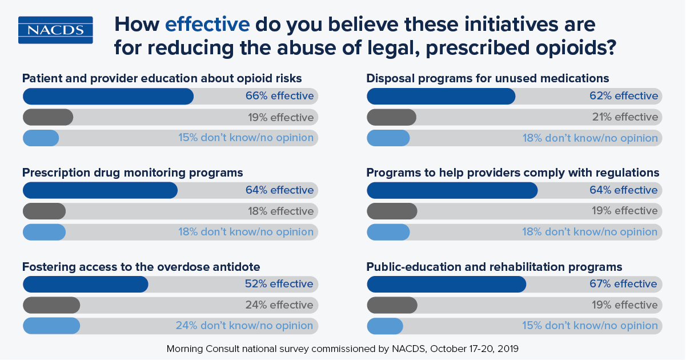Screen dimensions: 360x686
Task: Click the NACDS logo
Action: (x=55, y=30)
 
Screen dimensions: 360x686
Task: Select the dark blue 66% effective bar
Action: (x=108, y=96)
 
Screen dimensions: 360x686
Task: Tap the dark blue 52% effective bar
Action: (x=85, y=284)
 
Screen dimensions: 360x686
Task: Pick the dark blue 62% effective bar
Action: (x=440, y=96)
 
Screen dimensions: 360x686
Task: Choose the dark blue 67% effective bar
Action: (x=446, y=284)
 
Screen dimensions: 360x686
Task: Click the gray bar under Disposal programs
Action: (x=391, y=117)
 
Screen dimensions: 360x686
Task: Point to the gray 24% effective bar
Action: (x=51, y=305)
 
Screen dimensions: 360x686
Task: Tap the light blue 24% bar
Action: (x=51, y=326)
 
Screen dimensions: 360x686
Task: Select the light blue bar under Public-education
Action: (x=384, y=326)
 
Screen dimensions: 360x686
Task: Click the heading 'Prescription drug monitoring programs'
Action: (x=133, y=172)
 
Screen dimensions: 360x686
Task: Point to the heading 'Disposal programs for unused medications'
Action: (x=488, y=78)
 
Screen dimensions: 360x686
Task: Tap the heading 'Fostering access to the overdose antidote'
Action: (x=141, y=266)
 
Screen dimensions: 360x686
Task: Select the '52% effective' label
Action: (x=279, y=284)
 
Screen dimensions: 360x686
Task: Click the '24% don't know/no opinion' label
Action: (x=244, y=326)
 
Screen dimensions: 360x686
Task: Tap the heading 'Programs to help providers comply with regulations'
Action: (x=513, y=172)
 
